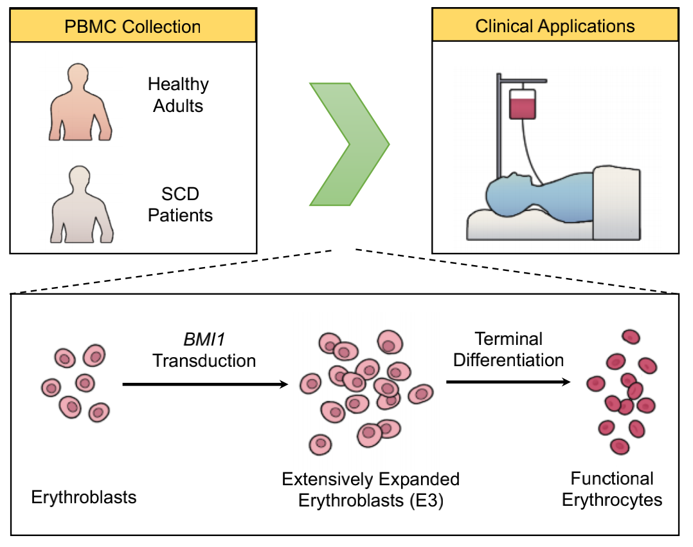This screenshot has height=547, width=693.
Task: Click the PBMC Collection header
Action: (133, 26)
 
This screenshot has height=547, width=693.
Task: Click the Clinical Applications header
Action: (555, 26)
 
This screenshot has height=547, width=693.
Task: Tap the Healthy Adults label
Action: (178, 95)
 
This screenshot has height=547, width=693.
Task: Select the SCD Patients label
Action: (180, 205)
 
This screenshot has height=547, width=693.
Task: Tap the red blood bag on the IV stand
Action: (523, 104)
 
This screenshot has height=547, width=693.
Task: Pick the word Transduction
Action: (204, 360)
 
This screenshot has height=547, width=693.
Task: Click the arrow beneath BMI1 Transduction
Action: (204, 385)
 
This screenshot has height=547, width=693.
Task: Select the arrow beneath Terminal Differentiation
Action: (508, 382)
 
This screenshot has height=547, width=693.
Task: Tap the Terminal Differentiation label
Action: (509, 349)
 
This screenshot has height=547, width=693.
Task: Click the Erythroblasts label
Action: (84, 497)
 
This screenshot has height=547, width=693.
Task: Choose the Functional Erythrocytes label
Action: (612, 489)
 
